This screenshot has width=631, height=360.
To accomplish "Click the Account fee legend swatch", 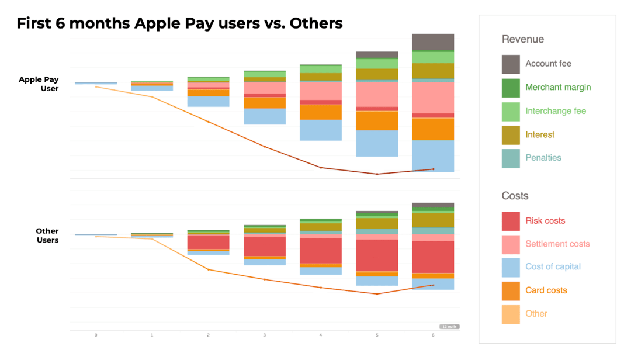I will pos(511,64).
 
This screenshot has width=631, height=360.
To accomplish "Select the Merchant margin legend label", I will pos(558,87).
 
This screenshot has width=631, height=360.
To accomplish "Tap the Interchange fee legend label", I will pos(555,111).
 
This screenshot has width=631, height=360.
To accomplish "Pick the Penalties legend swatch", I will pos(511,158).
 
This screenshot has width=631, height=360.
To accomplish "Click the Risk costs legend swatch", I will pos(511,221).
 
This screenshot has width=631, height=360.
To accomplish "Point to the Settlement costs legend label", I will pos(557,244).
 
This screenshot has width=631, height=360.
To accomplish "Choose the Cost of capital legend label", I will pos(553,266).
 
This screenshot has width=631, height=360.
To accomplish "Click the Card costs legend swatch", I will pos(511,290).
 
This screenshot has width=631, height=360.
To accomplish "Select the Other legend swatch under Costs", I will pos(511,314).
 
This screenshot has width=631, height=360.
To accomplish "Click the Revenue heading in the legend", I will pos(522,39).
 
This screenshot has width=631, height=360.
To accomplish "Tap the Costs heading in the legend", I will pos(515,196).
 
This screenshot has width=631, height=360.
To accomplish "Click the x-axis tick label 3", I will pos(265,335).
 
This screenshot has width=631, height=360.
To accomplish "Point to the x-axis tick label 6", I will pos(433,335).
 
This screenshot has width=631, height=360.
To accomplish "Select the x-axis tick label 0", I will pos(96,335).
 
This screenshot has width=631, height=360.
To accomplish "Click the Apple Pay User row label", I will pos(39,84).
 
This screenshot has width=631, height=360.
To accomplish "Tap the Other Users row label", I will pos(47,236).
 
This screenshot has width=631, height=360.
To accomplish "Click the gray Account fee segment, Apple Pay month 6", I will pos(433,42).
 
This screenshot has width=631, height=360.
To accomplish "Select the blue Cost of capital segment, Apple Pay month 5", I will pos(377,143).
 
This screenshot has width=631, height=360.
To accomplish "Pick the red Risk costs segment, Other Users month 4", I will pos(321,251).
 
